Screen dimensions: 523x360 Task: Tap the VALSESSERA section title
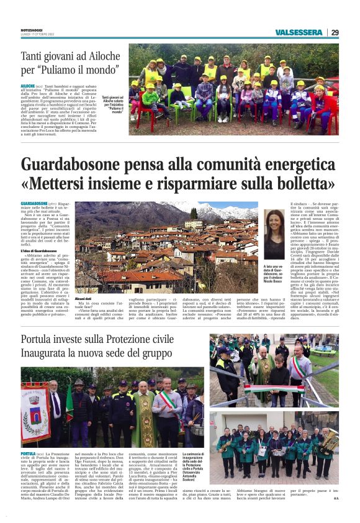click(300, 32)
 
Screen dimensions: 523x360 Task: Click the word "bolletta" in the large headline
click(300, 184)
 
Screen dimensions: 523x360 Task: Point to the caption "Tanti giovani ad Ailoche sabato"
click(112, 104)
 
